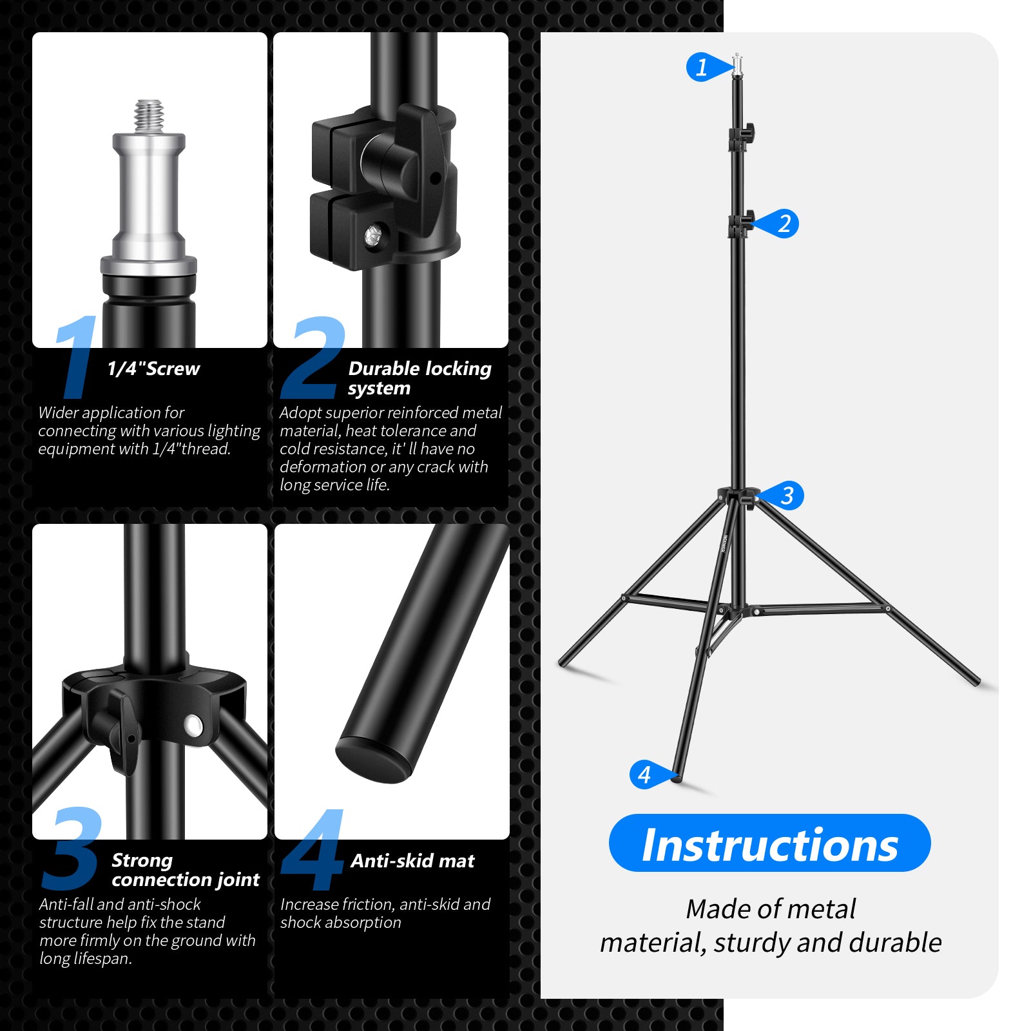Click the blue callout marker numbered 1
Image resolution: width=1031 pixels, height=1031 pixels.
702,67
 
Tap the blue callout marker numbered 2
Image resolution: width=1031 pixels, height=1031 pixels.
782,224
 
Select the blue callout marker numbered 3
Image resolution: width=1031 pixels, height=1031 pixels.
786,496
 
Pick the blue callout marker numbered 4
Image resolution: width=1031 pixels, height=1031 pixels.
646,775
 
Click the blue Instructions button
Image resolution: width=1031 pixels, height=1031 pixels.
769,843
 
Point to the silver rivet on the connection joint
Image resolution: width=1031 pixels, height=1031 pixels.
192,726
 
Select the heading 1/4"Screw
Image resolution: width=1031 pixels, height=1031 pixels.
153,369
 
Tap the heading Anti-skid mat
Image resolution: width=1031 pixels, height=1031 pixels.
412,861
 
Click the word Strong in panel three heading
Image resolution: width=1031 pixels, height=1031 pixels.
142,860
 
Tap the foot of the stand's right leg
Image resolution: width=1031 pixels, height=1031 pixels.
976,681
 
